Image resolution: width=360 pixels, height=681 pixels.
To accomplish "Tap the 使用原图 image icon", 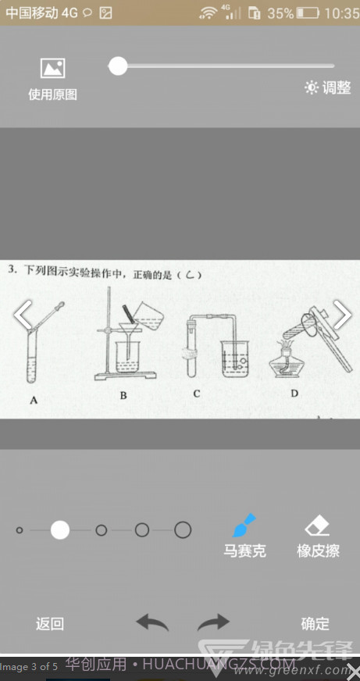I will point(52,69).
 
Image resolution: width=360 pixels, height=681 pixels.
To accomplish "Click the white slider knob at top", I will point(118,66).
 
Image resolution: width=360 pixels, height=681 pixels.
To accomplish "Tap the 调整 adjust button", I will point(328,88).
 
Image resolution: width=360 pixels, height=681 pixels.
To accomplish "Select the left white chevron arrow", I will point(23,315).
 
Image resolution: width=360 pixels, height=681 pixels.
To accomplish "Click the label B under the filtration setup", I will point(123,396).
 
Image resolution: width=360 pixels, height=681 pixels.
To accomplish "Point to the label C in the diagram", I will point(196,394).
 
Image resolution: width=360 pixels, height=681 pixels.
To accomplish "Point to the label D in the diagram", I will point(294,394).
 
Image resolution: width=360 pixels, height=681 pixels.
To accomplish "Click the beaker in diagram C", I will point(235,358).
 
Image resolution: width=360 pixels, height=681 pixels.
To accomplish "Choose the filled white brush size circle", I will point(60,530).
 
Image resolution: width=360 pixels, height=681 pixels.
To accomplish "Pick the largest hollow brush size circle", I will point(183,530).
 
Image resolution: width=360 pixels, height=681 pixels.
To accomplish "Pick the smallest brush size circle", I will point(20,530).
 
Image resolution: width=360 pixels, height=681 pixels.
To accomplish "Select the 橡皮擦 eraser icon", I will point(318,524).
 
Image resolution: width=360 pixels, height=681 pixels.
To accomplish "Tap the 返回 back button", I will point(50,624).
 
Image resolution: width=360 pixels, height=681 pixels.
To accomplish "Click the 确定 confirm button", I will point(315,624).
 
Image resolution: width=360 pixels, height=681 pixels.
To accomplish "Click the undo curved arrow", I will point(152,622).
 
